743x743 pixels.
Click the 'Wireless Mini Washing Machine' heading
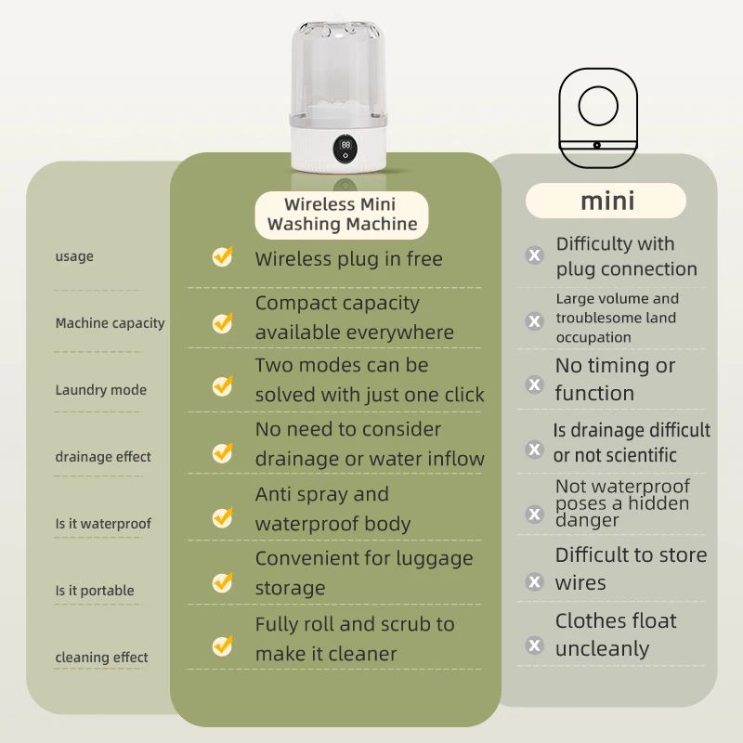click(x=342, y=215)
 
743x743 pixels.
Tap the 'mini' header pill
click(x=606, y=201)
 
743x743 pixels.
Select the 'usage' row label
click(x=74, y=256)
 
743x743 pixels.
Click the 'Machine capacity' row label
click(x=110, y=323)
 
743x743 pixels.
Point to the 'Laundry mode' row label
click(x=100, y=390)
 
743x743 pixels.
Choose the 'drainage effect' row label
click(x=102, y=457)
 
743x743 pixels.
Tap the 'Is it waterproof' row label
click(x=102, y=524)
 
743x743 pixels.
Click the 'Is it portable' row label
click(x=94, y=591)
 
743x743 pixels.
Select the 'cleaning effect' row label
click(x=102, y=658)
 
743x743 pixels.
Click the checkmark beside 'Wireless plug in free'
click(x=222, y=256)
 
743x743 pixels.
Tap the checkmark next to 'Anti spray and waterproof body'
click(x=222, y=516)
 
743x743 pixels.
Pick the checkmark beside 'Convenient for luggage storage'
click(x=222, y=582)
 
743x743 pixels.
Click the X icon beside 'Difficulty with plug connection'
click(x=534, y=255)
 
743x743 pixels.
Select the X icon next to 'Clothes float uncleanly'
click(x=534, y=645)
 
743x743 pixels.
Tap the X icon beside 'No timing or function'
click(x=534, y=384)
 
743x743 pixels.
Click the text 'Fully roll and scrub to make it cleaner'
click(x=354, y=639)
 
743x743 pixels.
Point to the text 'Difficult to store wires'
click(x=630, y=568)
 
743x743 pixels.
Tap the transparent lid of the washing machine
click(x=345, y=65)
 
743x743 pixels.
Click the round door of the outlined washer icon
click(x=598, y=106)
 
